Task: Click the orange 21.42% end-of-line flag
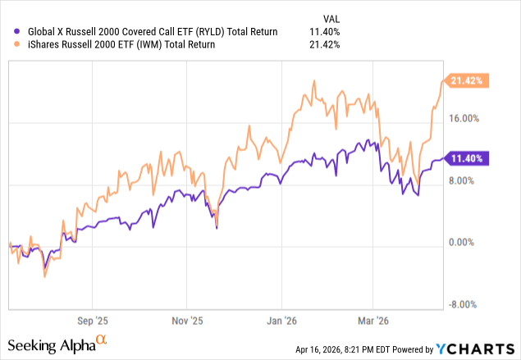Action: [x=469, y=80]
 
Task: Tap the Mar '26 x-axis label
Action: [x=373, y=321]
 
